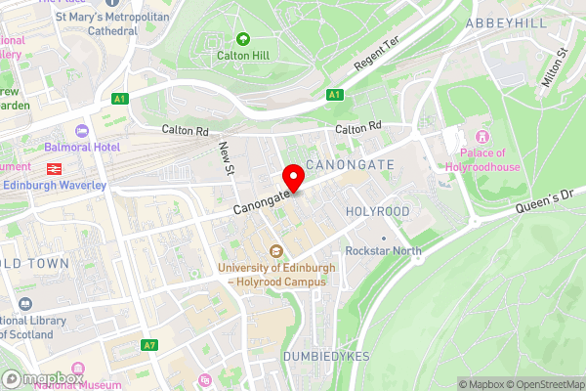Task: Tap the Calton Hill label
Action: point(242,56)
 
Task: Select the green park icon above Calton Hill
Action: point(242,39)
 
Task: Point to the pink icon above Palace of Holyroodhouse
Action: point(481,136)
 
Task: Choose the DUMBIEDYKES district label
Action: point(327,357)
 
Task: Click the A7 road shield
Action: point(149,345)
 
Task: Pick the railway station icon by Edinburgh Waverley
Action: point(53,166)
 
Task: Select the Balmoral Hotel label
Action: point(81,147)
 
